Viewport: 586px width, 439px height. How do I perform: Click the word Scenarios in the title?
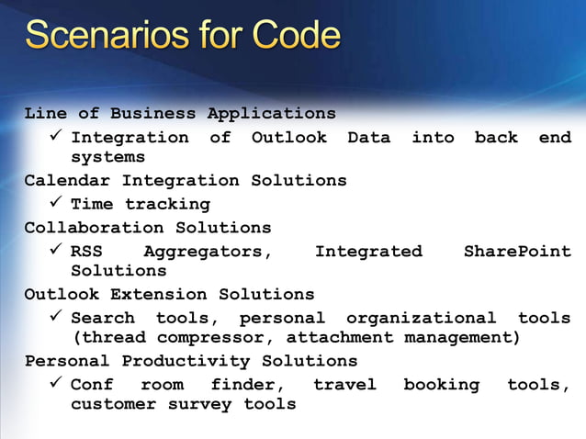[102, 37]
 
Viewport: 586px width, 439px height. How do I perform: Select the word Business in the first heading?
[153, 114]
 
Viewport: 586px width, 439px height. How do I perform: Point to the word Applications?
[271, 114]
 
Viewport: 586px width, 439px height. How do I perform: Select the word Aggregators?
[208, 251]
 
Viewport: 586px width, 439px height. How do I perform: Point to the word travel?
[344, 385]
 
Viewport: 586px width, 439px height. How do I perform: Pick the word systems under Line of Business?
[108, 158]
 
